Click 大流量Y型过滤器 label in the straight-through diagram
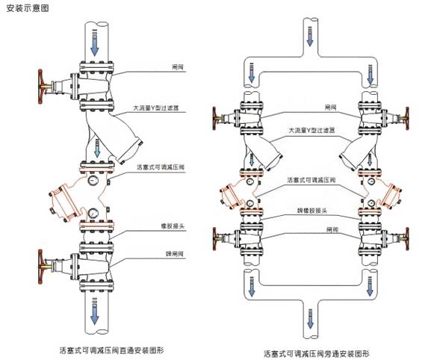click(158, 108)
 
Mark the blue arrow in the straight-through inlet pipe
click(95, 43)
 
